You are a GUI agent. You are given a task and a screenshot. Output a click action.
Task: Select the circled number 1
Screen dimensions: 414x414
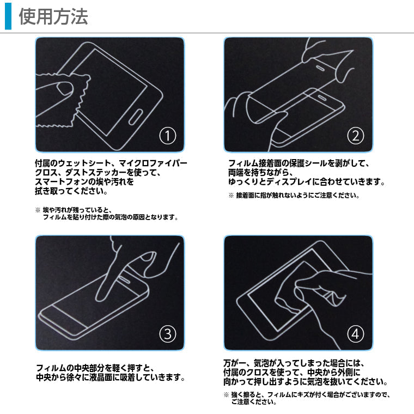click(x=167, y=135)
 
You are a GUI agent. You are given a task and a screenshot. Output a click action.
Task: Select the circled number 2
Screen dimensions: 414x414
click(x=356, y=135)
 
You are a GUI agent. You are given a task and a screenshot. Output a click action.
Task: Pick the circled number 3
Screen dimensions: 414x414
click(x=167, y=333)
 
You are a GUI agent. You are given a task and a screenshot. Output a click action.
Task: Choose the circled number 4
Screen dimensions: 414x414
click(x=356, y=333)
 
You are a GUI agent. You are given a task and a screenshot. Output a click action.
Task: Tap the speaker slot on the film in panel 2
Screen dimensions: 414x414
click(x=321, y=68)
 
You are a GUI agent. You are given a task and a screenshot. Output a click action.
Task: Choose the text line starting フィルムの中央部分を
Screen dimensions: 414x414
click(x=96, y=367)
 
